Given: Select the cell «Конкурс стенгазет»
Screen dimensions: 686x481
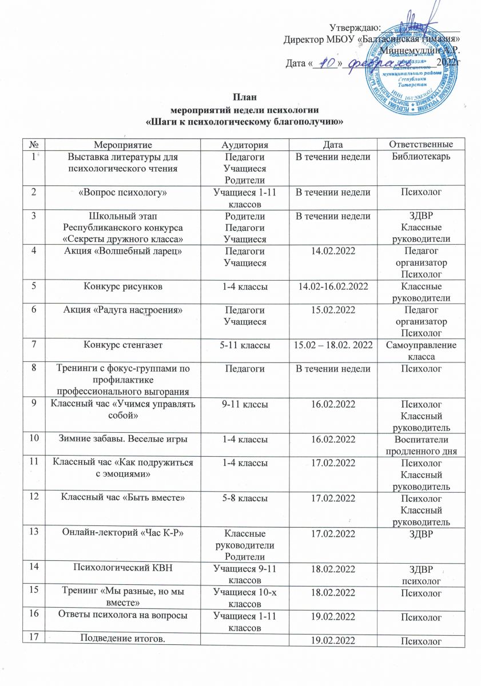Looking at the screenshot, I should [x=125, y=345].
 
